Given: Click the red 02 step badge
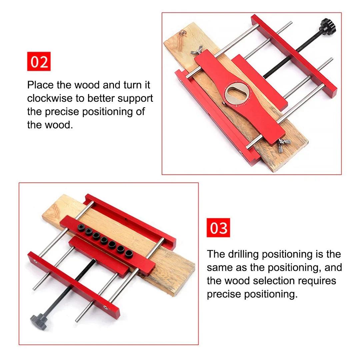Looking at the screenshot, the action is (x=39, y=61).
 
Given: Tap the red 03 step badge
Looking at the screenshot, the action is (x=218, y=228).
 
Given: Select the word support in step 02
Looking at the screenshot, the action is (x=135, y=99).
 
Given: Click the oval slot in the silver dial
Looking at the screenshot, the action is (x=236, y=93).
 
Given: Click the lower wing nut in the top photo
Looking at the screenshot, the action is (x=284, y=145).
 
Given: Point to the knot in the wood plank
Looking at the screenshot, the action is (x=183, y=33).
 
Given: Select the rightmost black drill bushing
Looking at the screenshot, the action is (x=129, y=253).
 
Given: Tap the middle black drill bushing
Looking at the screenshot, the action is (x=104, y=240).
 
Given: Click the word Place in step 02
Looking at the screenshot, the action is (x=40, y=85).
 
